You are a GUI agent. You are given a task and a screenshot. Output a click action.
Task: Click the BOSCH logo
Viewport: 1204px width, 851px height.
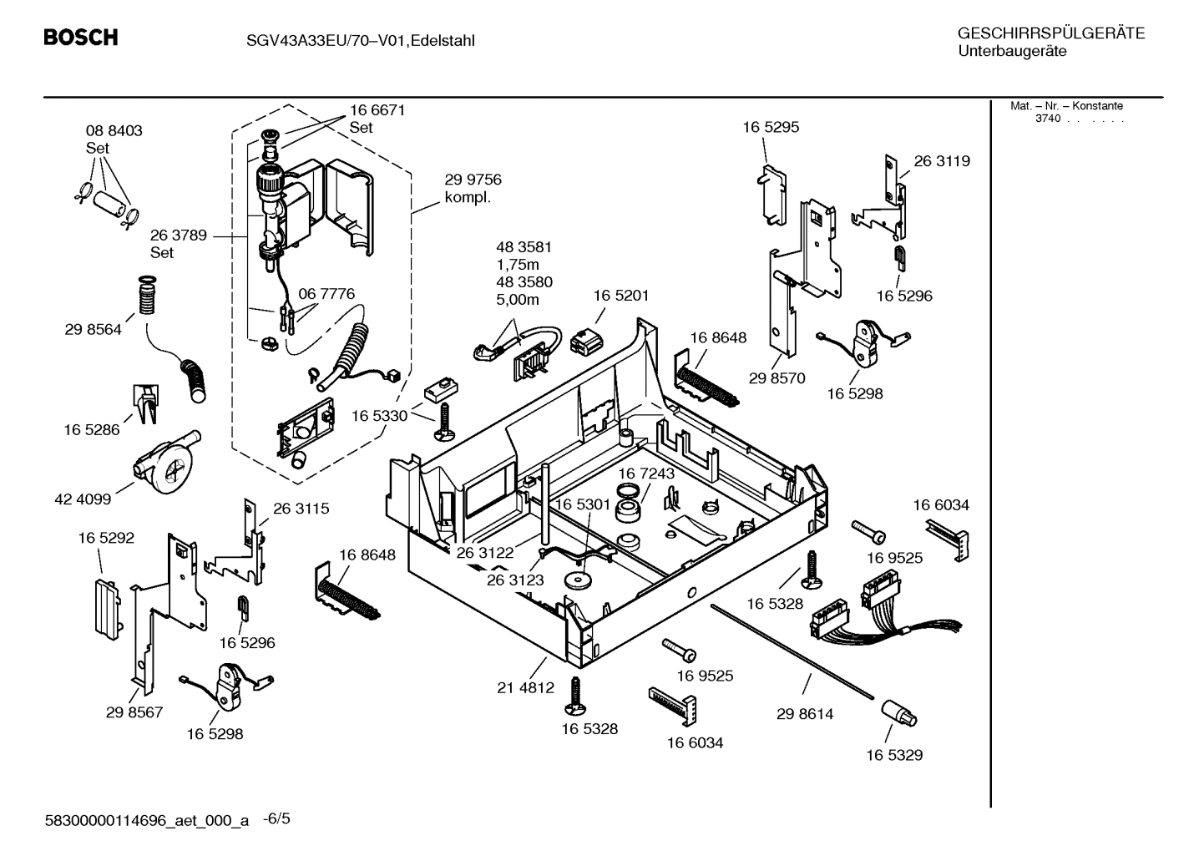coord(80,38)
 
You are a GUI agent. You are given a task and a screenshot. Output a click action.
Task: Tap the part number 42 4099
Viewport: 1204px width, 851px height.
coord(83,499)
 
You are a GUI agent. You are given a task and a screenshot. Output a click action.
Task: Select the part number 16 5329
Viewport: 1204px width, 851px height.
coord(893,755)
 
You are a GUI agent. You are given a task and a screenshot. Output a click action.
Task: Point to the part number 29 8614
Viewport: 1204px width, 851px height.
coord(805,714)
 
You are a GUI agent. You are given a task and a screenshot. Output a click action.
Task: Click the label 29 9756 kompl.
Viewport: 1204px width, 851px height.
coord(473,189)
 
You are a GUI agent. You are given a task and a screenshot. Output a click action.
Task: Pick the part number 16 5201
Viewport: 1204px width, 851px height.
coord(620,296)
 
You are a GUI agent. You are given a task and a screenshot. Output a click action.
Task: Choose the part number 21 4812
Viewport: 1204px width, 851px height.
coord(525,687)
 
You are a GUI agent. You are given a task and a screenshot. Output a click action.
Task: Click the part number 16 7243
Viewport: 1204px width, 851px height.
coord(645,474)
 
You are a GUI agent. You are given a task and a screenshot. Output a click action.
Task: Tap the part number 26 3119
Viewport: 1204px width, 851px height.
coord(942,161)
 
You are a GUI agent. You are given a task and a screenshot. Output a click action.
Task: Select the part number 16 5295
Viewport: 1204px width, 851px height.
coord(771,127)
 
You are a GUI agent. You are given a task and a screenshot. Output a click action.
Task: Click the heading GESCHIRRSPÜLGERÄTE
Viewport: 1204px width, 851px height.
coord(1050,33)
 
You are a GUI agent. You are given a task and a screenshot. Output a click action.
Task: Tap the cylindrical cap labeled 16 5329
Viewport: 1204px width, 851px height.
coord(898,715)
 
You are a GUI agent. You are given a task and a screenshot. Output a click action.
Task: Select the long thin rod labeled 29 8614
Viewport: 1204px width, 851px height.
coord(793,651)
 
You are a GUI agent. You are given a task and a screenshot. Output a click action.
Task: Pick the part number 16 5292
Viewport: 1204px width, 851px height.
coord(106,539)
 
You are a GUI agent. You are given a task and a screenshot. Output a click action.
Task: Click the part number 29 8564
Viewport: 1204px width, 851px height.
coord(93,329)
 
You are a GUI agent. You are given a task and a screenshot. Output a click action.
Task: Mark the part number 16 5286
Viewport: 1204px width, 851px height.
coord(92,429)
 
